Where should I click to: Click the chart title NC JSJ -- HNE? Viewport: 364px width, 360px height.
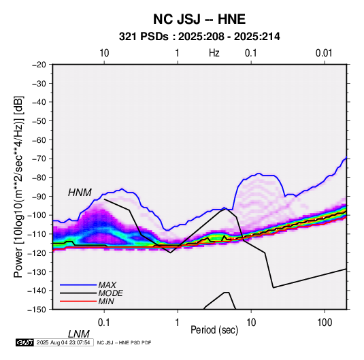tap(199, 19)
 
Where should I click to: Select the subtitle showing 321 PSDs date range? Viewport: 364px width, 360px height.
tap(199, 37)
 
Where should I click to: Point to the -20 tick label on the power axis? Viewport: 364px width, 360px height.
tap(39, 65)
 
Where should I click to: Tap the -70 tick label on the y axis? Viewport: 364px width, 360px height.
tap(39, 159)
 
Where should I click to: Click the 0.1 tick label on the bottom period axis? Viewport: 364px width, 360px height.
tap(104, 323)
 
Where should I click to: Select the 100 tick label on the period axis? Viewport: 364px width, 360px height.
tap(325, 323)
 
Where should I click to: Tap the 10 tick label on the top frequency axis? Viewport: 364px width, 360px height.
tap(104, 53)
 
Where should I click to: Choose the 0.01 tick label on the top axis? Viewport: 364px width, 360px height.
tap(324, 53)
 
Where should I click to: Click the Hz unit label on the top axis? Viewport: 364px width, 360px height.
tap(214, 53)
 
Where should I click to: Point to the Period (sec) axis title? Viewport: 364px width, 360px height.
tap(214, 330)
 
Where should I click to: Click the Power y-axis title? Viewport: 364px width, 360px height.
tap(18, 186)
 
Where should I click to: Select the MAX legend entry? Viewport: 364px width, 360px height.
tap(107, 285)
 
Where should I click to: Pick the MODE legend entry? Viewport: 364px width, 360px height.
tap(110, 293)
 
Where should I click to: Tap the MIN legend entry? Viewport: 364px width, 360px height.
tap(106, 301)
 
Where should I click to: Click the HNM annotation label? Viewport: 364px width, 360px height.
tap(80, 193)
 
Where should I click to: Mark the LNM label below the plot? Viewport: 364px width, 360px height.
tap(78, 334)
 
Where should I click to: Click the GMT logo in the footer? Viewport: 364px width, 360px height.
tap(25, 342)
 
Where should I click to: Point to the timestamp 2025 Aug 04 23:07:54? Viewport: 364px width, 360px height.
tap(63, 342)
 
